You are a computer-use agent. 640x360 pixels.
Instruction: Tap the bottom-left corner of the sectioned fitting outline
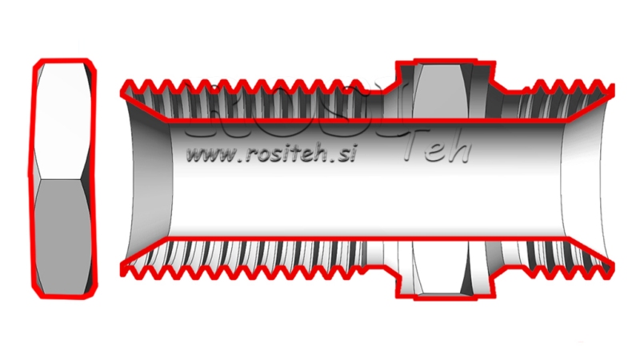point(121,272)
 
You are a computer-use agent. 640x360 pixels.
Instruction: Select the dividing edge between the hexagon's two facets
point(66,178)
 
